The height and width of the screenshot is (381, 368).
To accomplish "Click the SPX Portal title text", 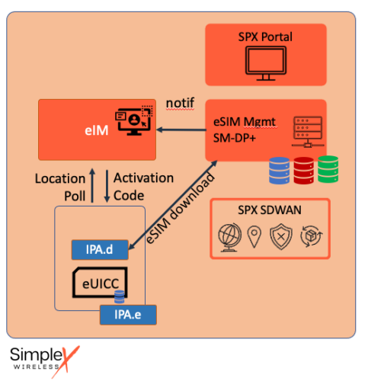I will (265, 37).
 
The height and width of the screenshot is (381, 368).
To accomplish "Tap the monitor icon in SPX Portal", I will (265, 65).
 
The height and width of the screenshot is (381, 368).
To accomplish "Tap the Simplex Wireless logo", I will (43, 359).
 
